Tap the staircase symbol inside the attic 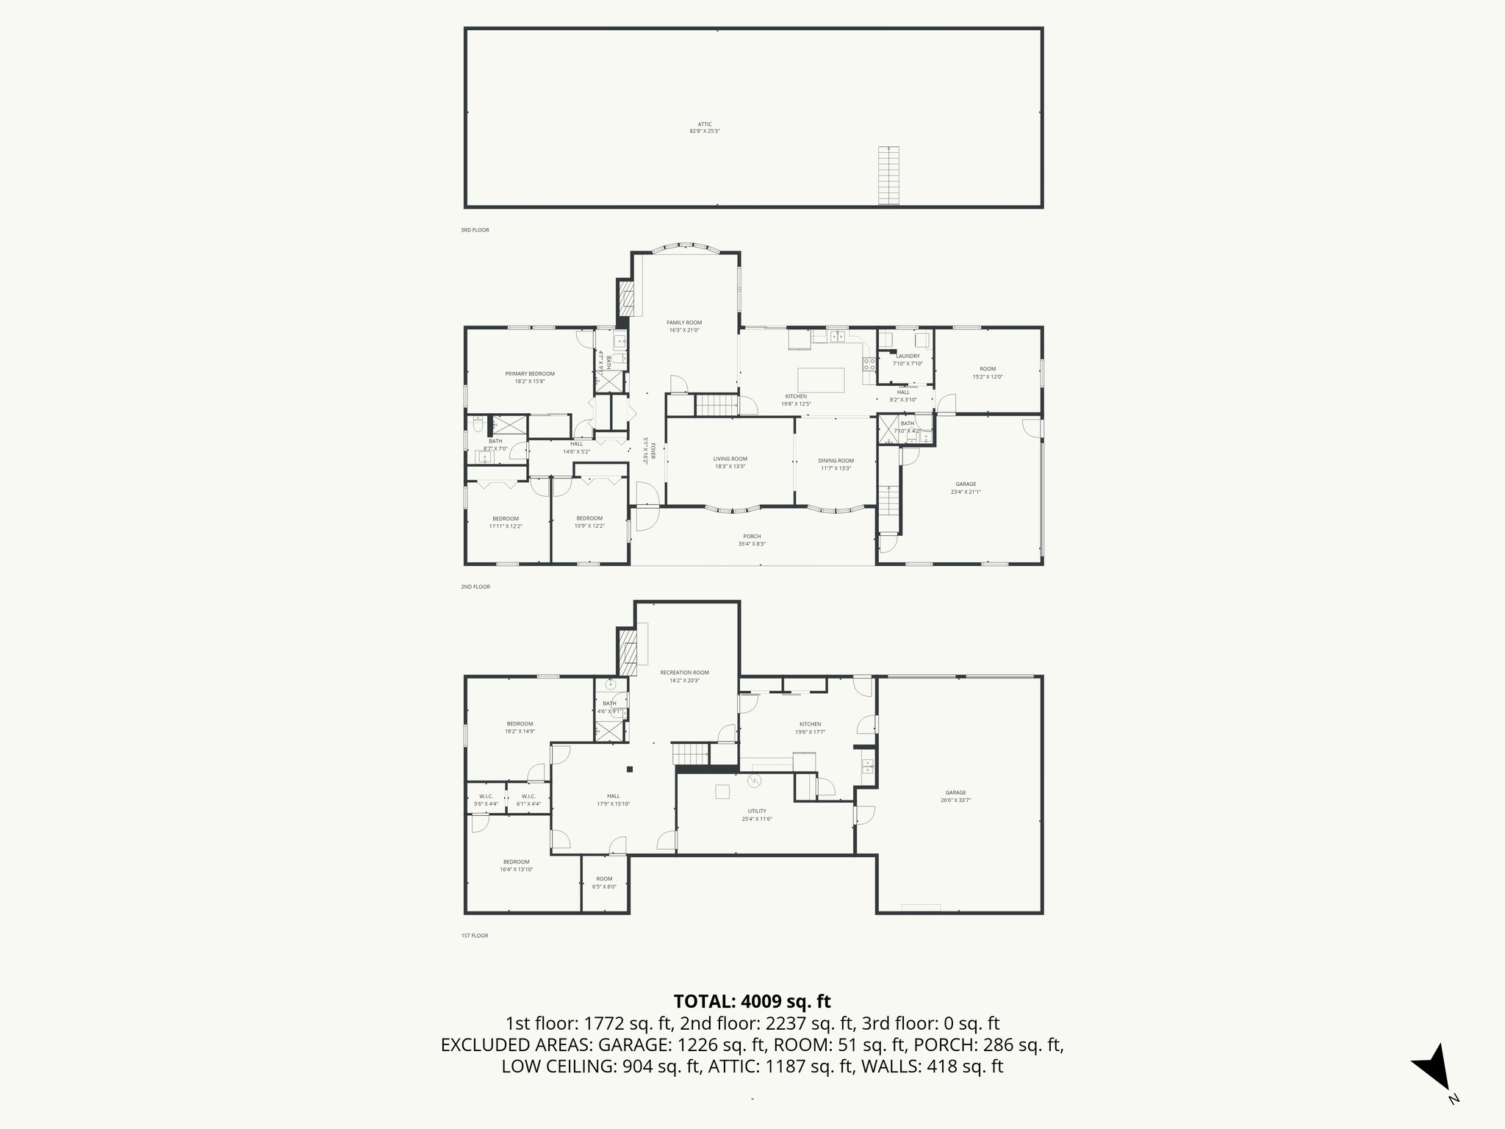pyautogui.click(x=888, y=176)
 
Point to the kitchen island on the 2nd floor pyautogui.click(x=821, y=380)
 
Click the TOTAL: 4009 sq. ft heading pyautogui.click(x=752, y=1001)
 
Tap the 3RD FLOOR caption pyautogui.click(x=475, y=230)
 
